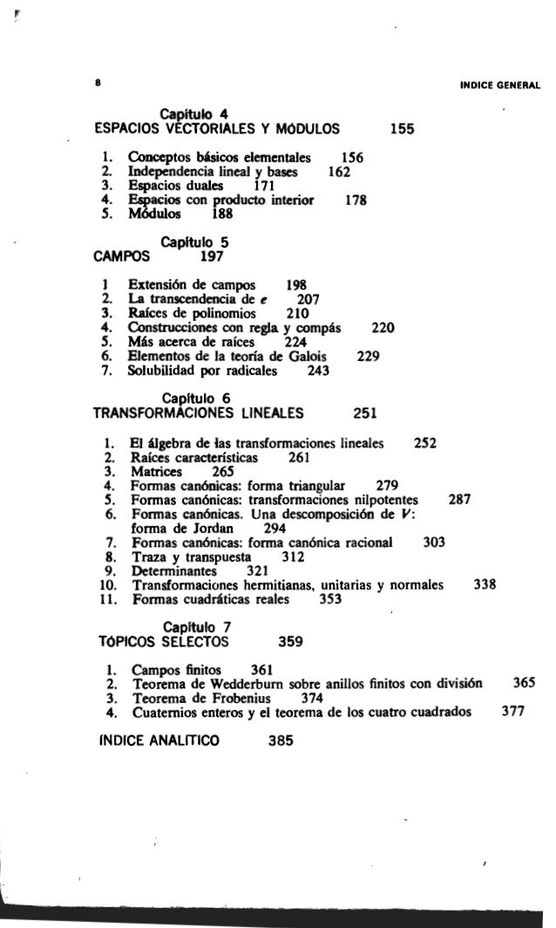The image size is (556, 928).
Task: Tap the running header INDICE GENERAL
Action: tap(501, 85)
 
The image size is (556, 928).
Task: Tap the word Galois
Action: tap(318, 356)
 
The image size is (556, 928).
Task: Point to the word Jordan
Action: tap(209, 527)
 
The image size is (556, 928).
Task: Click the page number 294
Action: tap(275, 527)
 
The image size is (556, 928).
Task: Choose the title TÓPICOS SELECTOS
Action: tap(166, 644)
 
